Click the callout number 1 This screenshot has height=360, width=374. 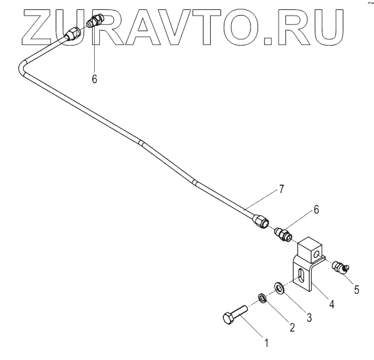pos(266,342)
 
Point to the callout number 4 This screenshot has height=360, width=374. pos(332,304)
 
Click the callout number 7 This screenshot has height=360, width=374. pos(281,188)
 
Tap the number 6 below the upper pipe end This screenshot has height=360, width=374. pos(95,79)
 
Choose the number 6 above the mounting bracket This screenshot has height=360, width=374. pos(316,210)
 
